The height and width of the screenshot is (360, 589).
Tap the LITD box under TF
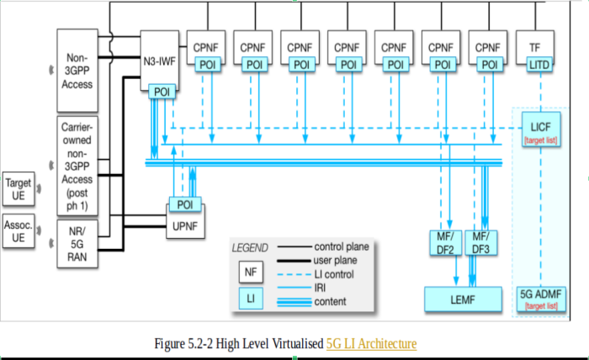535,65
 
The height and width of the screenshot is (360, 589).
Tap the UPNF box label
185,225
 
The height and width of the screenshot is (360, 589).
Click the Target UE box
19,188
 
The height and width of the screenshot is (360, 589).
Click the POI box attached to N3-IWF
160,91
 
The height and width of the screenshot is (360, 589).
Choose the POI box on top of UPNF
185,204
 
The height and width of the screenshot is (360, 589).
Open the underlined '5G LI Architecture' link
371,343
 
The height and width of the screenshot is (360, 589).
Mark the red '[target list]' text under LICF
535,137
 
